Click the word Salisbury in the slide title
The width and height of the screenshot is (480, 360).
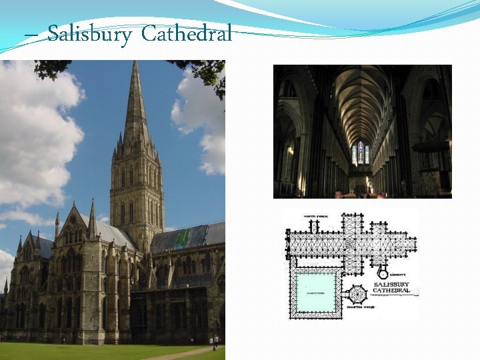[x=89, y=33]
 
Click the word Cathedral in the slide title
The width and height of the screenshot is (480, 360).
[x=187, y=33]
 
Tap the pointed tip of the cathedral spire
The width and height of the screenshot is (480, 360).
[x=136, y=63]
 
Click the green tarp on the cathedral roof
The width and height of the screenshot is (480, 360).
[x=183, y=238]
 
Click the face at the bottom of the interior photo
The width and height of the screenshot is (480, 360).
[x=338, y=194]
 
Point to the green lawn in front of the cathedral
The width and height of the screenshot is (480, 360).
[x=80, y=351]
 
